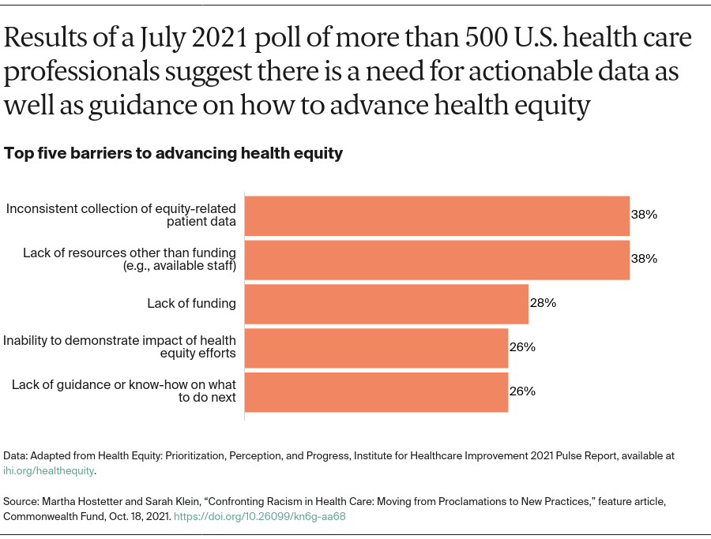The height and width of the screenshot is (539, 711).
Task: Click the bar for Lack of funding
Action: coord(386,303)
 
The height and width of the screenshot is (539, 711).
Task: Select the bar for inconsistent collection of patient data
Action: coord(437,215)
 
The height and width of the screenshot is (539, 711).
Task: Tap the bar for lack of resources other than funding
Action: coord(437,259)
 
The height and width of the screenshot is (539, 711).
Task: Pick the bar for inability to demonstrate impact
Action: coord(376,347)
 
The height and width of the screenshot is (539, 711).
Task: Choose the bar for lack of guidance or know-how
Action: coord(376,391)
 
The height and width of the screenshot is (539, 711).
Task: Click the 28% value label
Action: coord(544,303)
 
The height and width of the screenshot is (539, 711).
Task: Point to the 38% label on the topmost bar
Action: coord(644,215)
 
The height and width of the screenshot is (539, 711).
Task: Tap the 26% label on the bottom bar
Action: coord(522,391)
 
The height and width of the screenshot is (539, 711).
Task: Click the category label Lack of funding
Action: coord(191,303)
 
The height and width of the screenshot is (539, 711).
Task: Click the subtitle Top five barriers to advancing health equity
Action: coord(174,153)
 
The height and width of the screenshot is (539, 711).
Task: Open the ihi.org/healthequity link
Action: coord(49,470)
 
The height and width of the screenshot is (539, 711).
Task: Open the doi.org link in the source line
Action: coord(259,517)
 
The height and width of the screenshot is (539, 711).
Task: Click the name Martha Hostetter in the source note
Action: coord(77,502)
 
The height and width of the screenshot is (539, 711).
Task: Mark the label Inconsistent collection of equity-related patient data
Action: coord(122,215)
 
